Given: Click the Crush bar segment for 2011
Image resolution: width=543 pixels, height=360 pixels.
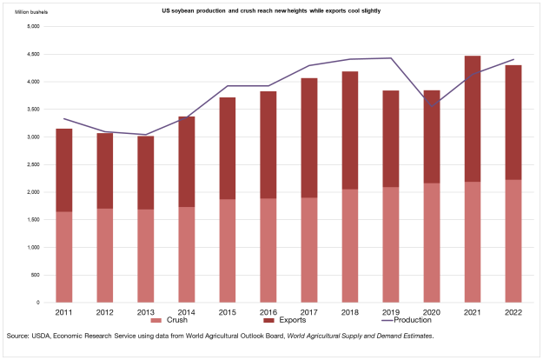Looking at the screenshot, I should click(64, 257).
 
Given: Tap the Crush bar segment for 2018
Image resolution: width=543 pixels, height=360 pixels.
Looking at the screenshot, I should click(350, 246).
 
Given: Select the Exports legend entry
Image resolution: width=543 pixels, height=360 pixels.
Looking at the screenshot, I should click(281, 321).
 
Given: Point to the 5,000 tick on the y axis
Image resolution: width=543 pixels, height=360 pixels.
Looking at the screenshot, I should click(34, 26).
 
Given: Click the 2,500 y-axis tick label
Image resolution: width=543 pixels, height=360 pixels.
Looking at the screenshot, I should click(34, 164).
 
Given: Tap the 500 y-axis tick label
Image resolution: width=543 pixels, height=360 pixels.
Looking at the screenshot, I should click(36, 275).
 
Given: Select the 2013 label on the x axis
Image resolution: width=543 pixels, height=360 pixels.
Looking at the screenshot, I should click(146, 310).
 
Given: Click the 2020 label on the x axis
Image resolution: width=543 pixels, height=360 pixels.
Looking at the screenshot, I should click(432, 310).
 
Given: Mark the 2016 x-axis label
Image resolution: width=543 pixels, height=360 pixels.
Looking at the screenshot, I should click(268, 310).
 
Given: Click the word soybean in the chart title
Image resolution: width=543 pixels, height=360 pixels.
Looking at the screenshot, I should click(190, 10).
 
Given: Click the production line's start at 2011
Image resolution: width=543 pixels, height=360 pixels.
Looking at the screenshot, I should click(64, 118).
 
